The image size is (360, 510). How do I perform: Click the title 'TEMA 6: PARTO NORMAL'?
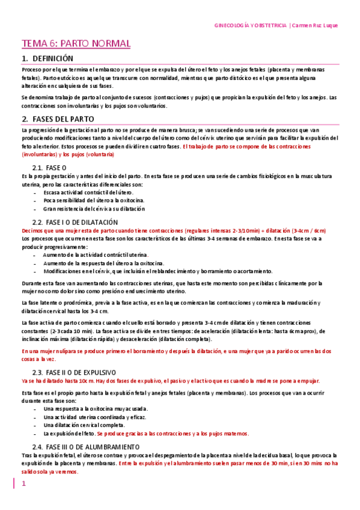pos(76,44)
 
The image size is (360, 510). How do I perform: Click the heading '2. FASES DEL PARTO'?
pos(57,118)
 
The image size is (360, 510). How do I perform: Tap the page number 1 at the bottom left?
pos(24,484)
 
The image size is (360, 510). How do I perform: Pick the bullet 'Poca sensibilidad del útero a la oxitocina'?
pos(94,200)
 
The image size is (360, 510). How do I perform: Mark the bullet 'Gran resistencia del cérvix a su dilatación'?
pos(94,209)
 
